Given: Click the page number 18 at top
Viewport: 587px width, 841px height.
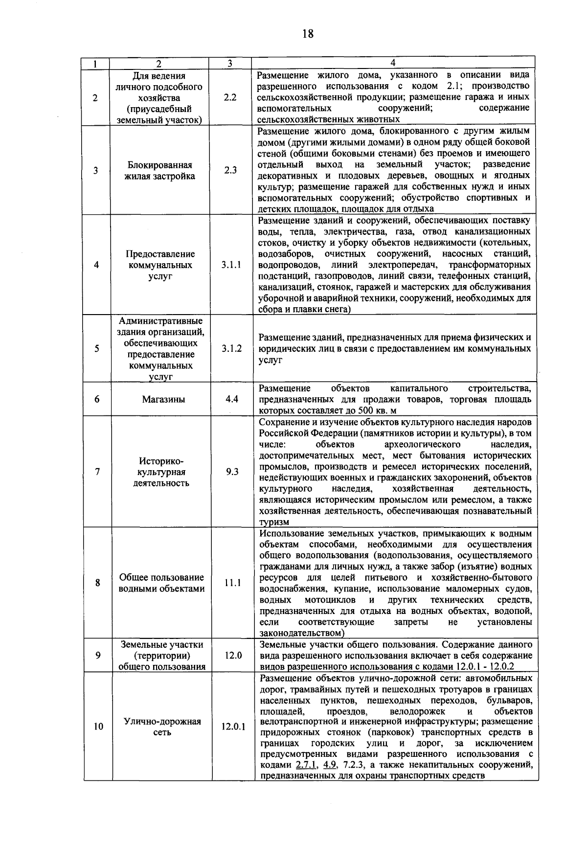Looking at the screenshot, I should pos(307,34).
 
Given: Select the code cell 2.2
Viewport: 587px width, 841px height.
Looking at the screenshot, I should pos(230,97).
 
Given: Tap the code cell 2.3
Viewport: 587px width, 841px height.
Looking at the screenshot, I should pos(230,170).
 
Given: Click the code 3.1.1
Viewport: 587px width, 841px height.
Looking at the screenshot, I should pos(231,265).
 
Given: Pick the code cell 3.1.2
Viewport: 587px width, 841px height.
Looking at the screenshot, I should pos(231,348).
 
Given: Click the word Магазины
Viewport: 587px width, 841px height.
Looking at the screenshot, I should pos(163,399).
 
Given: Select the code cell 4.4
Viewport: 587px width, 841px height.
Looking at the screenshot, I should pos(231,399).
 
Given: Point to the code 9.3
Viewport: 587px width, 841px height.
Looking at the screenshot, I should pos(232,472).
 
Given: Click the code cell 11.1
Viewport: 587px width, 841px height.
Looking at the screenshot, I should pos(232,583).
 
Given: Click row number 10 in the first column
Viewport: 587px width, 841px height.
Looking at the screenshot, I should pos(98,727).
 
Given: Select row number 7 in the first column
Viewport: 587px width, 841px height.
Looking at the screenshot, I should pos(97,472).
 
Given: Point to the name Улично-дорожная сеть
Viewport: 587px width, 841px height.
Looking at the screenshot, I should pos(162,727).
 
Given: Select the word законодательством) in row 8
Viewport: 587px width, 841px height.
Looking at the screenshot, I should pos(302,633).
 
